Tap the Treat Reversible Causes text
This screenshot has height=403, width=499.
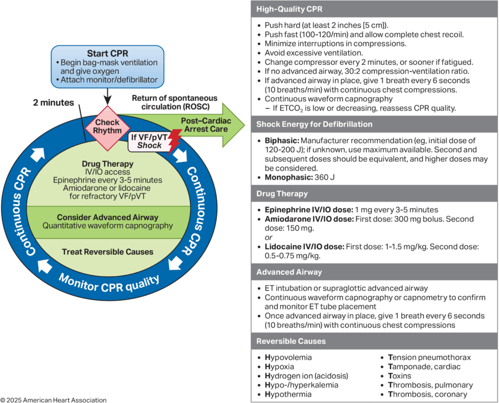pyautogui.click(x=108, y=252)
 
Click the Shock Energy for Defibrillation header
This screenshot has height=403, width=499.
pyautogui.click(x=315, y=124)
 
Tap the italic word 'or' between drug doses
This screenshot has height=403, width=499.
pyautogui.click(x=269, y=237)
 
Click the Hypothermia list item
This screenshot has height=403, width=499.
pyautogui.click(x=288, y=394)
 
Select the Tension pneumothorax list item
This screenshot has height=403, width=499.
pyautogui.click(x=429, y=357)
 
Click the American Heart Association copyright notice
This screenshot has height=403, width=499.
pyautogui.click(x=53, y=400)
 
